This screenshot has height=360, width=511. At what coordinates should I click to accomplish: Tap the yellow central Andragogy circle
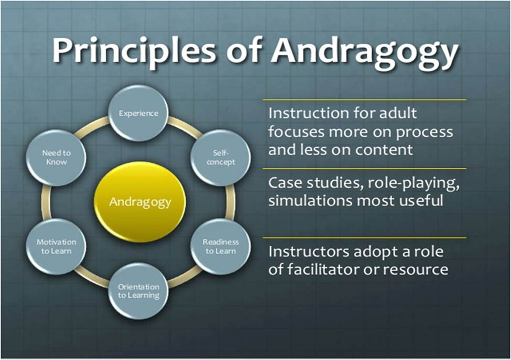coord(139,202)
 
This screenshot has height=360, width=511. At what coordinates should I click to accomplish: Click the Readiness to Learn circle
coord(220,246)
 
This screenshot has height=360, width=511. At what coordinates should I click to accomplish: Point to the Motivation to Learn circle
coord(56,246)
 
